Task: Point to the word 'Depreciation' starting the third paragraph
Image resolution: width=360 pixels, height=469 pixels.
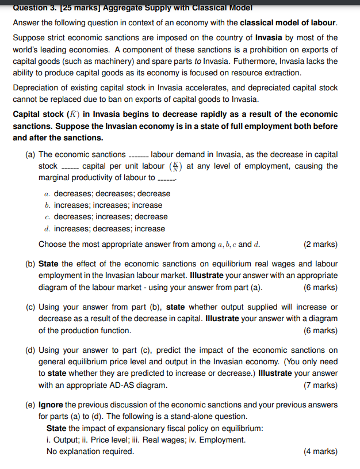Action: pyautogui.click(x=37, y=88)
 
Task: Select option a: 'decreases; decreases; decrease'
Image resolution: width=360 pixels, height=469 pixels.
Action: pyautogui.click(x=112, y=194)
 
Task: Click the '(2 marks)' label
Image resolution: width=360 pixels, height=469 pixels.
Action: pyautogui.click(x=320, y=244)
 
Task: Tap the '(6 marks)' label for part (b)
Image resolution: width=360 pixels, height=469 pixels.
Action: pyautogui.click(x=320, y=287)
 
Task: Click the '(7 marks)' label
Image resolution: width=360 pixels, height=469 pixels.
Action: pyautogui.click(x=320, y=385)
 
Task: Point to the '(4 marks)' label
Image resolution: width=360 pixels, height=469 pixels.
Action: pyautogui.click(x=320, y=451)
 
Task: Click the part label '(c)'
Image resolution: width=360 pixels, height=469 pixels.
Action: pyautogui.click(x=30, y=307)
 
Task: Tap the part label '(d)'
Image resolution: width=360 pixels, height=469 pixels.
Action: pyautogui.click(x=30, y=350)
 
